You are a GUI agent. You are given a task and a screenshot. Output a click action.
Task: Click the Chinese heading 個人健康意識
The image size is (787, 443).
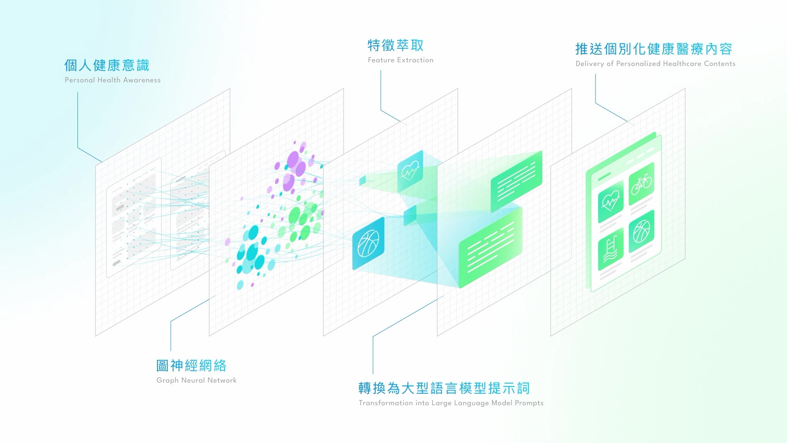[107, 65]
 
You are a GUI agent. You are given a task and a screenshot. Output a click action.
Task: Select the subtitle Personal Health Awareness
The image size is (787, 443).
[112, 80]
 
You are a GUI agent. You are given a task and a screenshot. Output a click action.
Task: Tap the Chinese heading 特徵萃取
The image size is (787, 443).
[396, 45]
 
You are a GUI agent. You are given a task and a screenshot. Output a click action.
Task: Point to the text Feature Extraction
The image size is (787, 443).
[400, 60]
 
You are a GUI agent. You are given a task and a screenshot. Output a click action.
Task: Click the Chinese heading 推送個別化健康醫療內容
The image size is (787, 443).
[654, 49]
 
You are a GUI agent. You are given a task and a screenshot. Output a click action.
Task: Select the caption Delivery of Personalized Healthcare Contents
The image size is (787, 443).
[655, 64]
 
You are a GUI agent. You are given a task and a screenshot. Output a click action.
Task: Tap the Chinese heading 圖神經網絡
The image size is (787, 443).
[191, 365]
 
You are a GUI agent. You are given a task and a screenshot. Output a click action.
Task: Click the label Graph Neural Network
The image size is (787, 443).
[196, 380]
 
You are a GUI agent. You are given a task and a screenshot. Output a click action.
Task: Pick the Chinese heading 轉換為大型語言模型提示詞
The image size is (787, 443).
[444, 388]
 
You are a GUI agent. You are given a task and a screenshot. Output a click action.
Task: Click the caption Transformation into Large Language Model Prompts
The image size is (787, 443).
[451, 403]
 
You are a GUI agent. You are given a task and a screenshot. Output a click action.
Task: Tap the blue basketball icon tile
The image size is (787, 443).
[368, 243]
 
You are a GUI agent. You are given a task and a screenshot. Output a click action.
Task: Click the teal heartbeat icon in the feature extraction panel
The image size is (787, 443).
[410, 171]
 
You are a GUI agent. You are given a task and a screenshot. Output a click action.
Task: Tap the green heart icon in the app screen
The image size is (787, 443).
[611, 201]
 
